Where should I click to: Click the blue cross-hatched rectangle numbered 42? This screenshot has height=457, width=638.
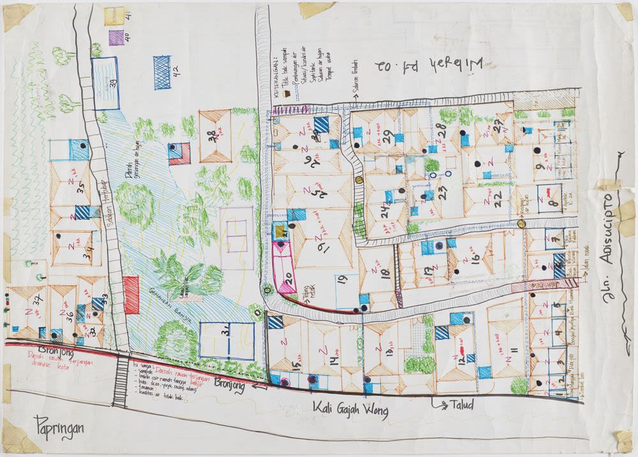(x=162, y=71)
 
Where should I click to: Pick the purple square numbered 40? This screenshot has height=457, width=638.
(x=116, y=37)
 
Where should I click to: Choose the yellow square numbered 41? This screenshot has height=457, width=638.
(x=114, y=16)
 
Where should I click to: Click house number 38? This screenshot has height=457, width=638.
(x=214, y=135)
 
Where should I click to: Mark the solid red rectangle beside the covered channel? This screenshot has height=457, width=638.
(x=131, y=294)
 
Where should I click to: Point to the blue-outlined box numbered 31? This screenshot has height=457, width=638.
(x=226, y=340)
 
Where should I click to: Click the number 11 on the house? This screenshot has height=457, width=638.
(x=513, y=351)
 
